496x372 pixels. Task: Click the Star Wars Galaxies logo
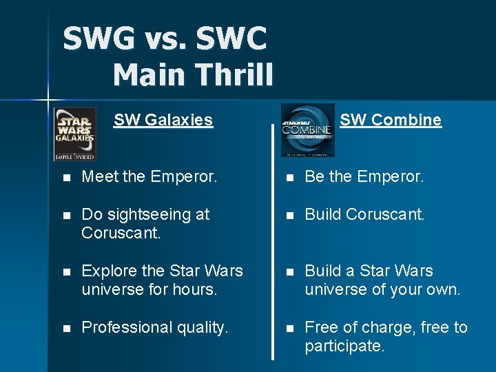point(75,134)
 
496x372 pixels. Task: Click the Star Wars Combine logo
point(308,130)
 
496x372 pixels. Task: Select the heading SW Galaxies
point(163,120)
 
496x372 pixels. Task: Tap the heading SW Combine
point(391,120)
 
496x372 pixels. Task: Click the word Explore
point(109,271)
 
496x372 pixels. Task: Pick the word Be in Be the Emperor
point(315,177)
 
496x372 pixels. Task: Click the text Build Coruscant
point(364,215)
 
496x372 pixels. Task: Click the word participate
point(344,346)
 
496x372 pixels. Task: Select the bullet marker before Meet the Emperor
point(65,178)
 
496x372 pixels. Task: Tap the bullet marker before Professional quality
point(65,328)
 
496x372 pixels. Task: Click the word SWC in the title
point(231,39)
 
